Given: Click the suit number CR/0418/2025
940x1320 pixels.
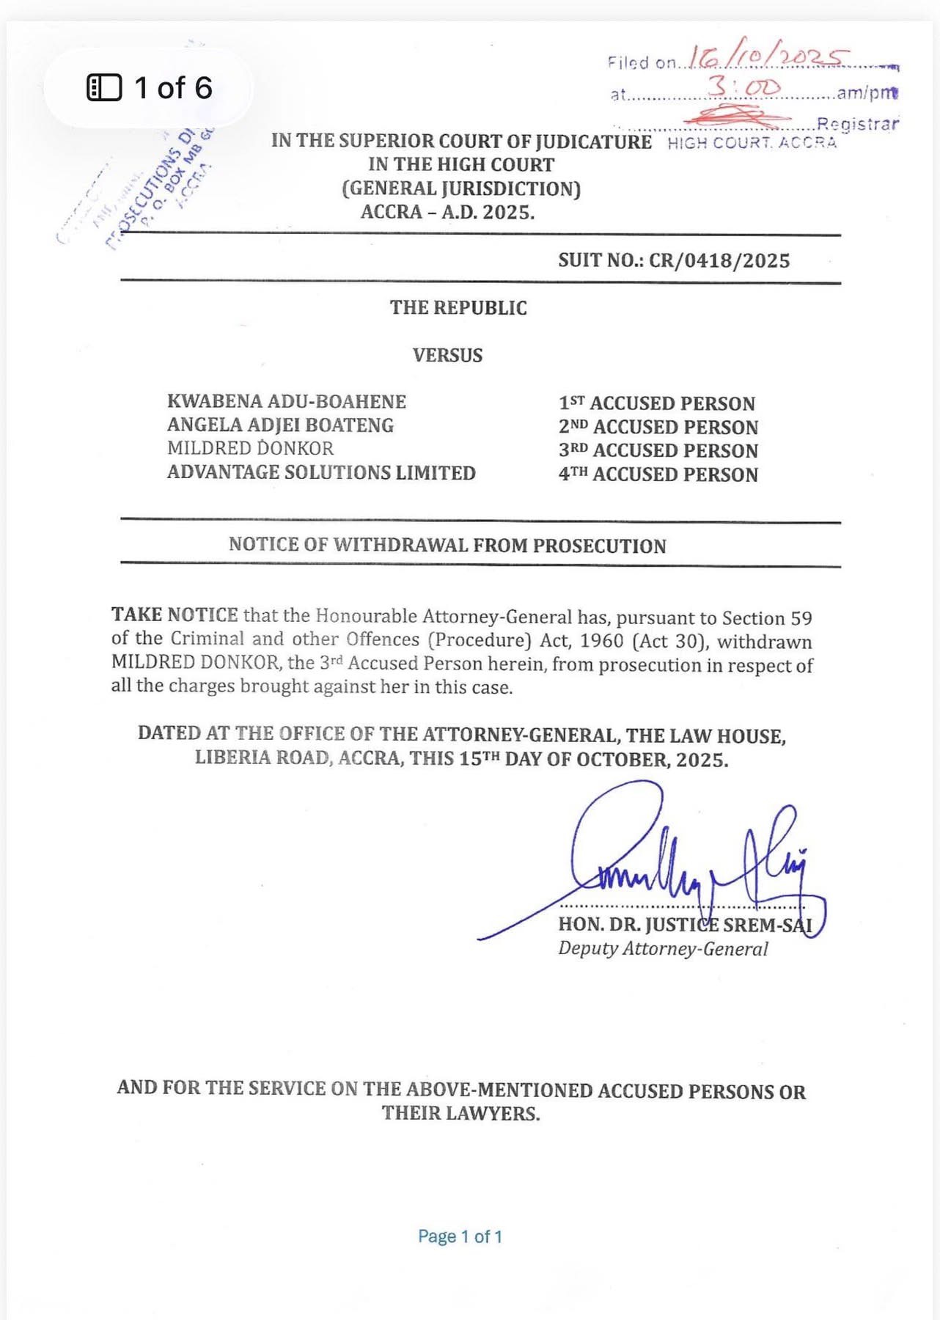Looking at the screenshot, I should point(719,261).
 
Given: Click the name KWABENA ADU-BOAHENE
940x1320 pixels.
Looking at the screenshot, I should point(287,402).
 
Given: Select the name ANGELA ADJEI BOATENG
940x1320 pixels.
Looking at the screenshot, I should point(280,425).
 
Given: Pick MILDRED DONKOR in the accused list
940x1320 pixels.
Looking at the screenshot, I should point(250,448).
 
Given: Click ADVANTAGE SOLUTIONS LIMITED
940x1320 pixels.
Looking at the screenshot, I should point(321,472).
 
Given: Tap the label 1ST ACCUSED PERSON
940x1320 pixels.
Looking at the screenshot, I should point(657,403).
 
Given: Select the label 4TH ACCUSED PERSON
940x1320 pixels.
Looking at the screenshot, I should point(658,474).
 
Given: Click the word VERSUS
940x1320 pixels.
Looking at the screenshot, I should point(447,356).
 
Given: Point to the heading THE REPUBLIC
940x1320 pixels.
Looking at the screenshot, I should point(458,308).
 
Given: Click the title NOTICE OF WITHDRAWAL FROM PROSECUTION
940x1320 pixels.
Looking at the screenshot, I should point(447,545).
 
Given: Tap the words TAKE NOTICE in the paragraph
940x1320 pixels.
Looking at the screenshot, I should point(175,615).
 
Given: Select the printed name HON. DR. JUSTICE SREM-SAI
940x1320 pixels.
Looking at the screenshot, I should point(685,925).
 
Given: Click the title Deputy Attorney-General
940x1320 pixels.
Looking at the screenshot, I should point(663,949).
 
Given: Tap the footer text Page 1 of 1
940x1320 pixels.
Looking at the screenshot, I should point(460,1236).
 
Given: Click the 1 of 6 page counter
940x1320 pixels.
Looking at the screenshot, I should point(150,88).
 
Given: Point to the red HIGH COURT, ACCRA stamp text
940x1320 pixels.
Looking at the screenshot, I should point(752,143).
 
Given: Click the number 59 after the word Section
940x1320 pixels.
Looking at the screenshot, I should point(801,618).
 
